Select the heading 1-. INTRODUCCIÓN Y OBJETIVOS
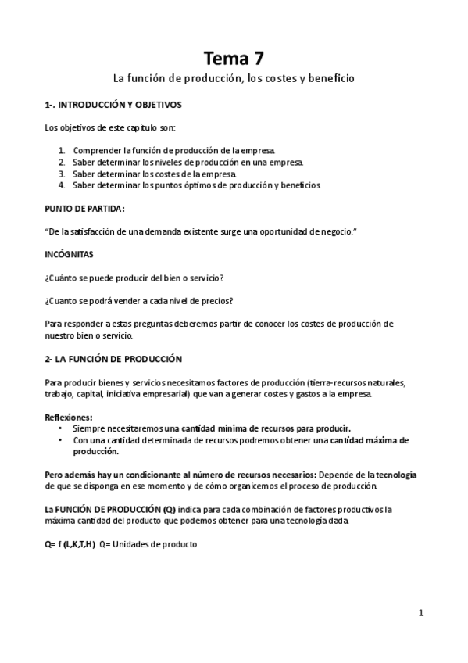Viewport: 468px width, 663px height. (x=113, y=104)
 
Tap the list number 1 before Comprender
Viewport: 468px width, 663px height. (x=62, y=149)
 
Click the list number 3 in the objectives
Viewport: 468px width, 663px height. (x=62, y=174)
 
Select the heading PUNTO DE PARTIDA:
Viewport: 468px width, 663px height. (x=84, y=209)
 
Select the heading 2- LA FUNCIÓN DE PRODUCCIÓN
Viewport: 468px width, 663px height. (x=113, y=359)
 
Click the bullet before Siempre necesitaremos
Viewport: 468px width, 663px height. (x=62, y=429)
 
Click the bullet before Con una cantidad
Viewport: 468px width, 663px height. (x=62, y=441)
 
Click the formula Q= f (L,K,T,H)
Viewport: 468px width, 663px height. (x=70, y=545)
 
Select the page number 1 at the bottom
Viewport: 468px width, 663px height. (x=420, y=613)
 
